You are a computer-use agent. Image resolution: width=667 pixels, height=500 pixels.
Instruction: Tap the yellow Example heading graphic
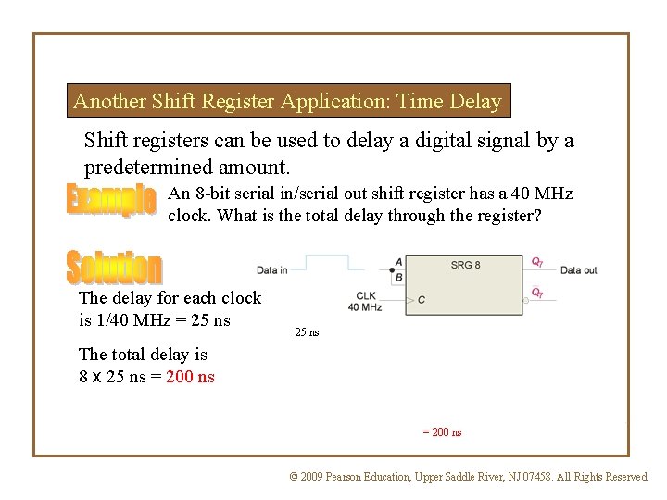click(110, 201)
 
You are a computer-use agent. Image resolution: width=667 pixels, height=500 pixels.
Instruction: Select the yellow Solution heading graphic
click(114, 268)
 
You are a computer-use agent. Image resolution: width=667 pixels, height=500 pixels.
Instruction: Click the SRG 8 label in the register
click(465, 265)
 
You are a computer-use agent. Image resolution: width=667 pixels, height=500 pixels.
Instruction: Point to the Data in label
click(272, 270)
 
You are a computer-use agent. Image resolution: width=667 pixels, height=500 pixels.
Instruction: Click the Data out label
click(578, 270)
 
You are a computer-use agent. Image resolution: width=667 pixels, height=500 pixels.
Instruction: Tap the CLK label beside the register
click(366, 296)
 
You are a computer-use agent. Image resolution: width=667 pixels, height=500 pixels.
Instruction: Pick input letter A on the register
click(398, 263)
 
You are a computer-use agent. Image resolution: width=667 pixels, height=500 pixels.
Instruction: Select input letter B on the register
click(398, 276)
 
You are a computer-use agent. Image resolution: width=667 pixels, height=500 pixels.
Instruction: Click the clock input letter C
click(422, 299)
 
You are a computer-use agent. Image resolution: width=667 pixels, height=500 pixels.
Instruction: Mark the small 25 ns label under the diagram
click(307, 331)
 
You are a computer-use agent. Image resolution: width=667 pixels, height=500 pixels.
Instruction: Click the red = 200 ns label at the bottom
click(442, 432)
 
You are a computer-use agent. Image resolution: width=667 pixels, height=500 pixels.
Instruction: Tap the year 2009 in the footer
click(313, 477)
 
